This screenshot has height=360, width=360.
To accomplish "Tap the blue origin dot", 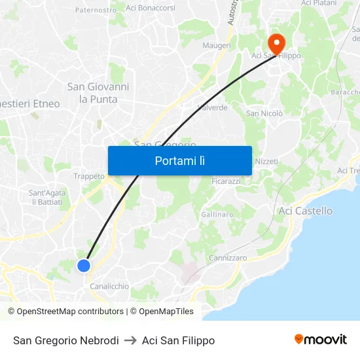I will [x=84, y=265].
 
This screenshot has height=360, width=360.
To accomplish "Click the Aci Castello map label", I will [x=305, y=211].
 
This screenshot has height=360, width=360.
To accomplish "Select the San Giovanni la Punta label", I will [x=98, y=93].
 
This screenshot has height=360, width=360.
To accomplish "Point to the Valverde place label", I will [x=212, y=107].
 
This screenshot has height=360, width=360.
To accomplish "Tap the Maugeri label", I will [x=217, y=46].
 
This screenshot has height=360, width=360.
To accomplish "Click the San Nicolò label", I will [x=264, y=113].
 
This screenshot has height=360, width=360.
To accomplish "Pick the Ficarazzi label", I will [x=227, y=181].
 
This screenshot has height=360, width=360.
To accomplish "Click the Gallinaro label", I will [x=217, y=215].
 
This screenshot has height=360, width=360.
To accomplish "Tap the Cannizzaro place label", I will [x=228, y=258].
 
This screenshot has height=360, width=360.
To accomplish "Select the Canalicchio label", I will [x=109, y=286].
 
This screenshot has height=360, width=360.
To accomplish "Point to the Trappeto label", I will [x=89, y=176].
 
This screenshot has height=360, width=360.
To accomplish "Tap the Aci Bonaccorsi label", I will [x=151, y=8].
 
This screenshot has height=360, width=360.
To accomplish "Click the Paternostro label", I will [x=96, y=10].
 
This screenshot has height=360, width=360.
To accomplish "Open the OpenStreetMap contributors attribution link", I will [x=70, y=312].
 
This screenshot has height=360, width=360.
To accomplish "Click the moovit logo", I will [x=321, y=340].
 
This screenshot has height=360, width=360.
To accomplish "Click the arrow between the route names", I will [x=130, y=340].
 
